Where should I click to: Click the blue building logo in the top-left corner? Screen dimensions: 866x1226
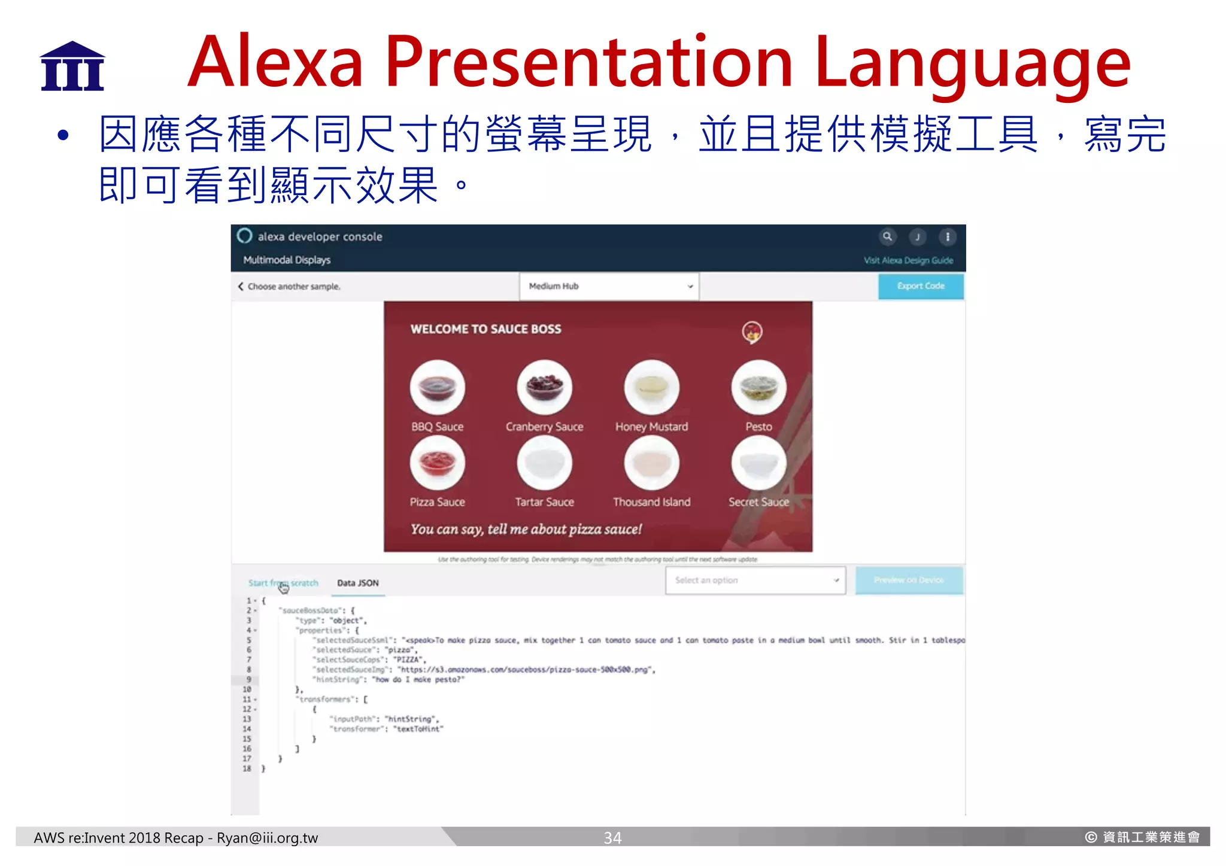pos(72,66)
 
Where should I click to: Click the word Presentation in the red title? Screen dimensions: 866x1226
pos(588,62)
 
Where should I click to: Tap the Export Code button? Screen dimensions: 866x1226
pos(920,286)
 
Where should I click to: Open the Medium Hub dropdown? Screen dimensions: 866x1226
pos(609,286)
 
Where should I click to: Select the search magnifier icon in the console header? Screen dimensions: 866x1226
pos(887,236)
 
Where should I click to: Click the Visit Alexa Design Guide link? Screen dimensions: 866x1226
pos(908,260)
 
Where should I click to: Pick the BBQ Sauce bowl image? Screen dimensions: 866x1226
pos(437,387)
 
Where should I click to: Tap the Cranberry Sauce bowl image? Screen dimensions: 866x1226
pos(544,387)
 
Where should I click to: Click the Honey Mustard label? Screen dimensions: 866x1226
pos(651,427)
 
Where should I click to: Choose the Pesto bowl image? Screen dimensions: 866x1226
pos(758,387)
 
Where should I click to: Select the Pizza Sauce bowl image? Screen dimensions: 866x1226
pos(437,463)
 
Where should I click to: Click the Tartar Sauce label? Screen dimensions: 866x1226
pos(544,502)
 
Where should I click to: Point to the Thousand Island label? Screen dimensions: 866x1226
pos(651,502)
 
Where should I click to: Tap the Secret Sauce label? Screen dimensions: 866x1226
pos(758,502)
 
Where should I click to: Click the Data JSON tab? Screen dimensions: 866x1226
pos(357,583)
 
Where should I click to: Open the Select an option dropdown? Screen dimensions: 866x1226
pos(755,580)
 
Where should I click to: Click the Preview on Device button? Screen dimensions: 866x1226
pos(908,580)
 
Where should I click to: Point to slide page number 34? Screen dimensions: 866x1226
pos(612,838)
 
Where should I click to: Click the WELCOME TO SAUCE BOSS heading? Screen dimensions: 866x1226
pos(485,329)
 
